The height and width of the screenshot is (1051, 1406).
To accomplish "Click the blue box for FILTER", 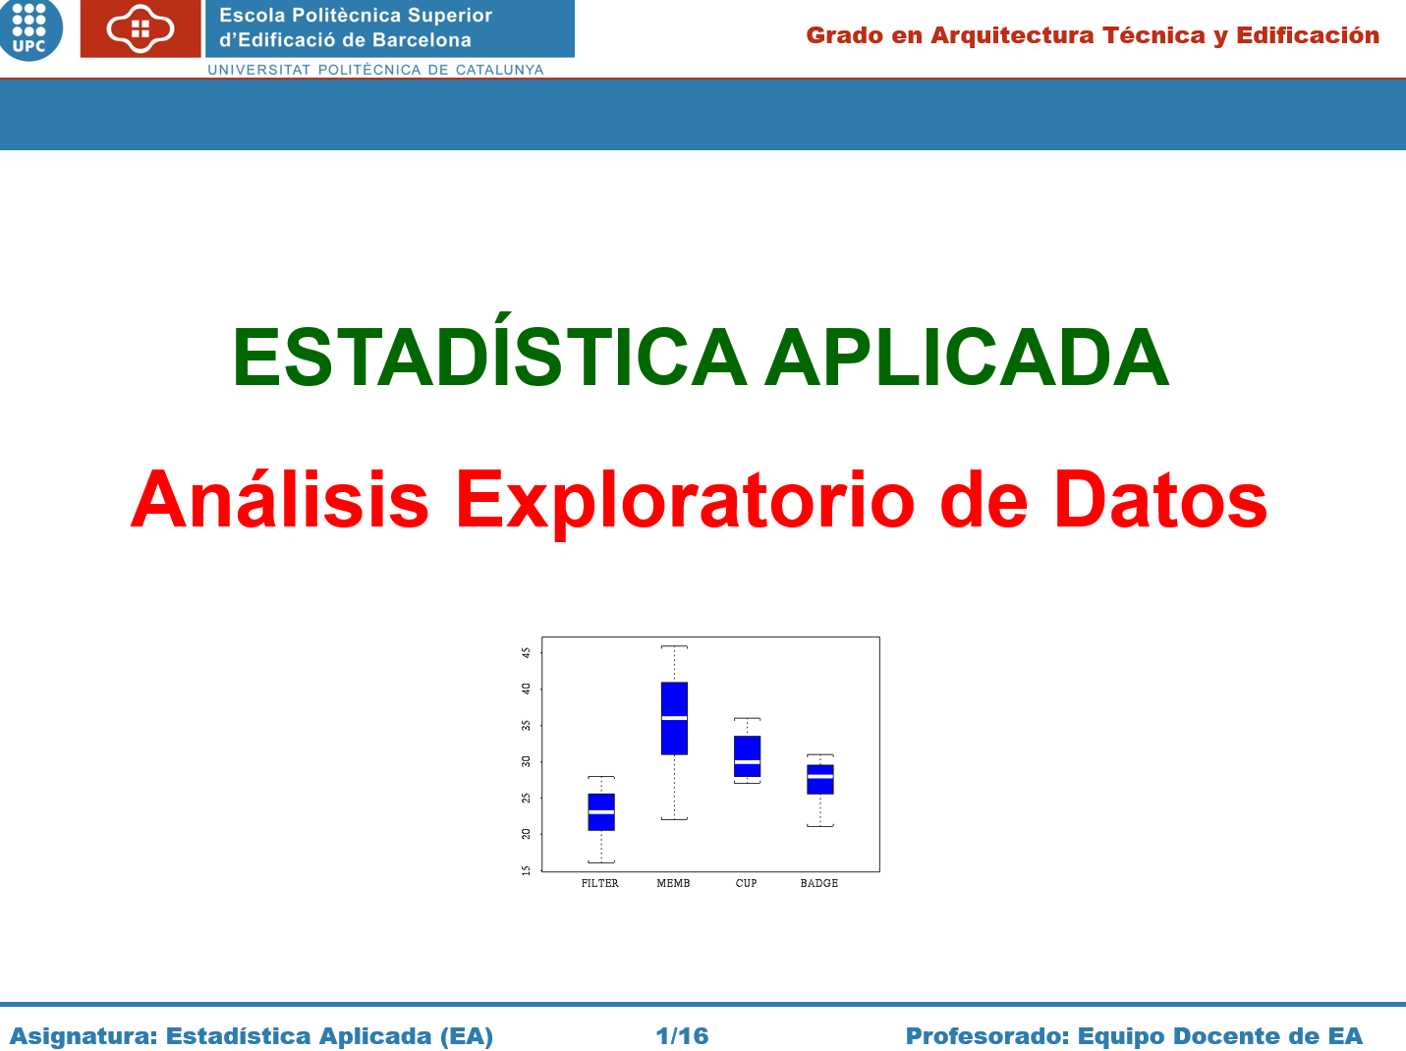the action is (601, 811).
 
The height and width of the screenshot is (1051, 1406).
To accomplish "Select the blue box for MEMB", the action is (674, 718).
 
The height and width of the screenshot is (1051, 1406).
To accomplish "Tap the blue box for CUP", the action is (747, 756).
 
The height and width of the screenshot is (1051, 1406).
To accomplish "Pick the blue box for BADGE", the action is (819, 779).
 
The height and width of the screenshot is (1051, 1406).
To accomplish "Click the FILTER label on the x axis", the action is (599, 883).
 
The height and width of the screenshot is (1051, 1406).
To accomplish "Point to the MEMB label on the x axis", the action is (673, 883).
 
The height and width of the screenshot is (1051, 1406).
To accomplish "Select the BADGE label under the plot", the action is (818, 883).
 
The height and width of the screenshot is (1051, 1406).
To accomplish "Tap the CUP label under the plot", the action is (746, 883).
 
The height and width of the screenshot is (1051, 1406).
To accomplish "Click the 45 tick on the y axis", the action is (526, 653).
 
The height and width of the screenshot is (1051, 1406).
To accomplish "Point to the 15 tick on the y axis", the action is (526, 870).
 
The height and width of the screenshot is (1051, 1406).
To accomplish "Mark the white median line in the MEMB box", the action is (674, 718).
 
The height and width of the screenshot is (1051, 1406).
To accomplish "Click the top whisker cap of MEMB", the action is (674, 646).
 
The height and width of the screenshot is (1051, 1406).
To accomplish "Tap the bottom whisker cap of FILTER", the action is (601, 862).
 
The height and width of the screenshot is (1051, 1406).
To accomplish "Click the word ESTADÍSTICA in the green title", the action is (489, 354).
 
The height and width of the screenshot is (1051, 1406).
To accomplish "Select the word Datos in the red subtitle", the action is (1160, 499).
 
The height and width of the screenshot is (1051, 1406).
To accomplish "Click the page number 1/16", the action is (682, 1035).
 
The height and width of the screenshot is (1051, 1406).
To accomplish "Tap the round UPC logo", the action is (29, 29).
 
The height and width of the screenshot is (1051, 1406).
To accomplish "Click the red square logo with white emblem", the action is (141, 28).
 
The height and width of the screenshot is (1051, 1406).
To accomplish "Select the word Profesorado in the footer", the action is (985, 1035).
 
